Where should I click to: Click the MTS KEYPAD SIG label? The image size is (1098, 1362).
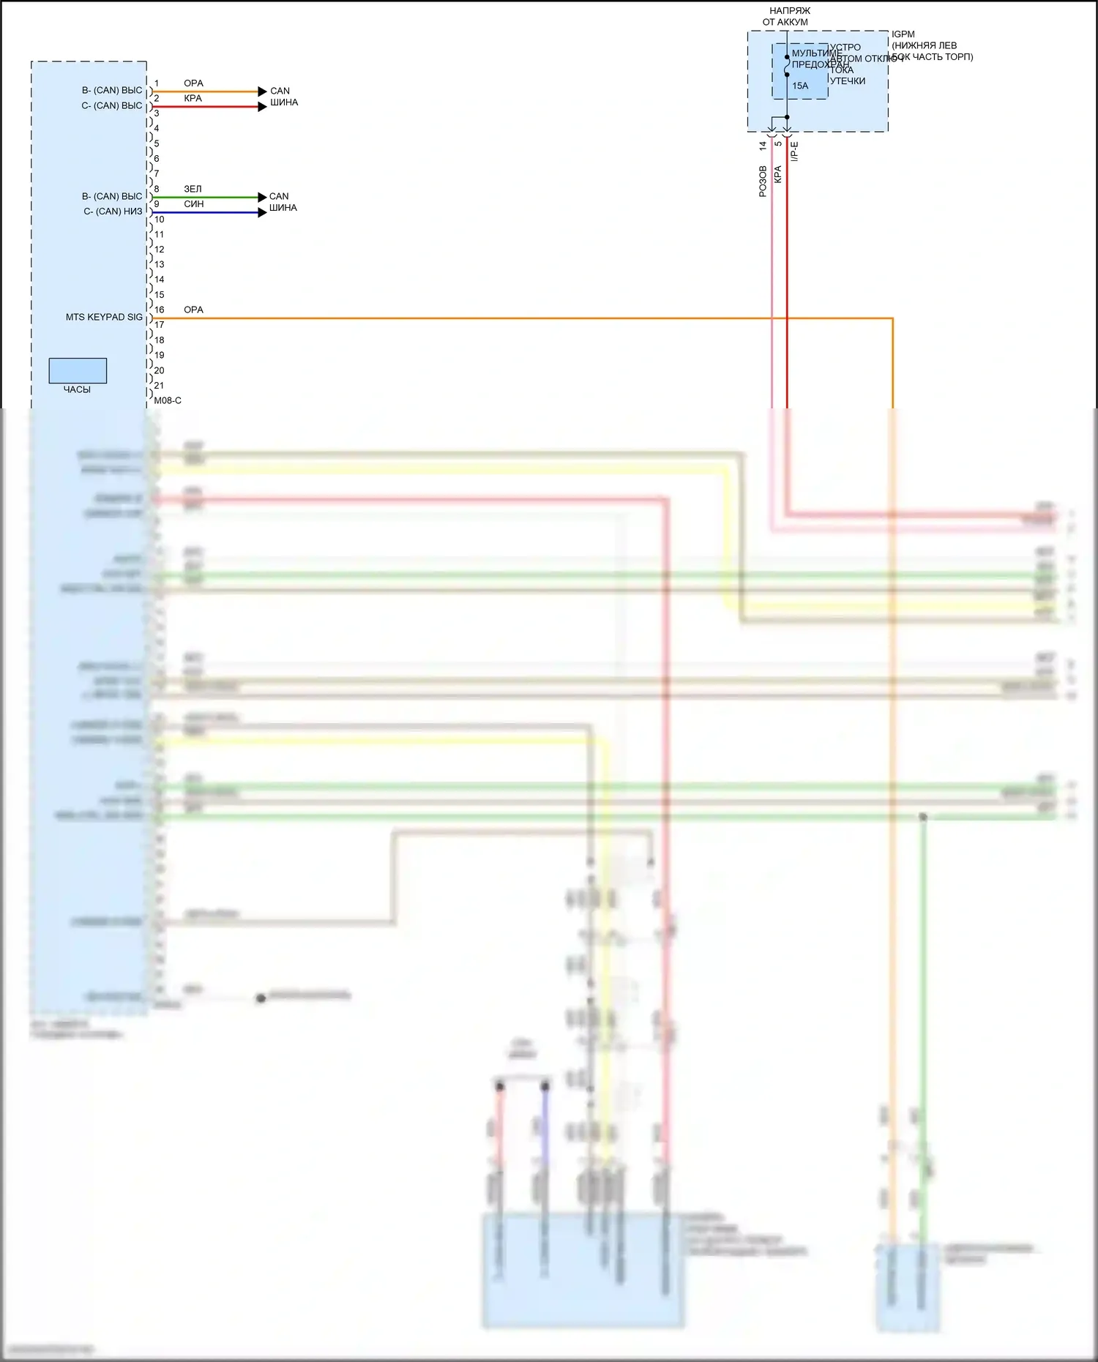pyautogui.click(x=104, y=317)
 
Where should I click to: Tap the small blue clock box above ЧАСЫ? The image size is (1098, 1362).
pyautogui.click(x=78, y=370)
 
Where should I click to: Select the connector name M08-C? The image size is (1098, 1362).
pyautogui.click(x=168, y=400)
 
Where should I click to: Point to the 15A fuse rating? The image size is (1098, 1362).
pyautogui.click(x=800, y=86)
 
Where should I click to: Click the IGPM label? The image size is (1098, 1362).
pyautogui.click(x=903, y=34)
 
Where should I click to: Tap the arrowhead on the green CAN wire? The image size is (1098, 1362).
pyautogui.click(x=263, y=197)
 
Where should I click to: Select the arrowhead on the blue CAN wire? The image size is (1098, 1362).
pyautogui.click(x=263, y=212)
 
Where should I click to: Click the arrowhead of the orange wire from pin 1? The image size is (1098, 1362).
pyautogui.click(x=263, y=91)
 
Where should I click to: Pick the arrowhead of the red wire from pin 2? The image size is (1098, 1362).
pyautogui.click(x=263, y=107)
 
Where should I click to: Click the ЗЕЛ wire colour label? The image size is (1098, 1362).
pyautogui.click(x=193, y=189)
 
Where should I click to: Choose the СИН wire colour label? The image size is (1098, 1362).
pyautogui.click(x=194, y=204)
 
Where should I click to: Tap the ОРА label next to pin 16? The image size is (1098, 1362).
pyautogui.click(x=193, y=310)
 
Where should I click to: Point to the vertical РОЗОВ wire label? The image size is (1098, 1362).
pyautogui.click(x=763, y=181)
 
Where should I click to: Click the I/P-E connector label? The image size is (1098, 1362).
pyautogui.click(x=795, y=151)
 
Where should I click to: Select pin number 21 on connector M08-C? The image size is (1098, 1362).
pyautogui.click(x=159, y=385)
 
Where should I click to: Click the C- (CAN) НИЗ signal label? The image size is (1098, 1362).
pyautogui.click(x=113, y=212)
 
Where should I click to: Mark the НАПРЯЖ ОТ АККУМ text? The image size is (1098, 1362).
pyautogui.click(x=788, y=16)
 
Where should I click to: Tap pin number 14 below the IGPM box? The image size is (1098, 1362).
pyautogui.click(x=763, y=146)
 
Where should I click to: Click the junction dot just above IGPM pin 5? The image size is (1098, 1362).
pyautogui.click(x=787, y=117)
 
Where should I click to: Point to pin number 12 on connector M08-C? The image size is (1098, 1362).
pyautogui.click(x=159, y=250)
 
